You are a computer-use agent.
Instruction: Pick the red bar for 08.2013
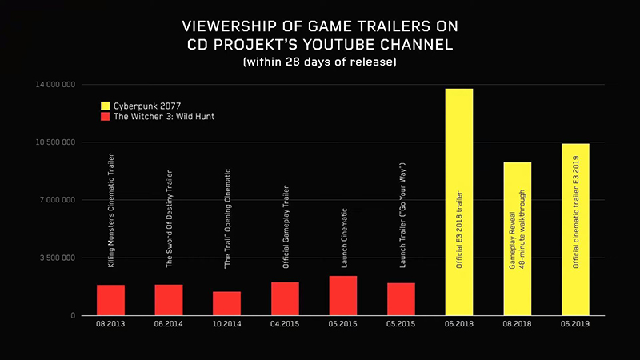click(x=110, y=300)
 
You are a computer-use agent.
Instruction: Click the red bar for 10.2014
click(x=226, y=303)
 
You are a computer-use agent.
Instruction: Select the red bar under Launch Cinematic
click(x=343, y=295)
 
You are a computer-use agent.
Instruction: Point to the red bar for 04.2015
click(x=285, y=298)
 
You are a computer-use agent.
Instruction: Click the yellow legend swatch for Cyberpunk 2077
click(x=105, y=106)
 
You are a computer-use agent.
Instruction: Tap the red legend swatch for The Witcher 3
click(x=105, y=117)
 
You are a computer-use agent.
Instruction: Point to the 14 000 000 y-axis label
click(x=56, y=85)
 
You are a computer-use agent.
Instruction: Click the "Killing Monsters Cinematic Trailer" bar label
click(x=111, y=210)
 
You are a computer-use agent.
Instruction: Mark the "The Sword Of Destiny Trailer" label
click(x=169, y=218)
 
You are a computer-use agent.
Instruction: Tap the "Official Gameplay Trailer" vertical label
click(x=286, y=226)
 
